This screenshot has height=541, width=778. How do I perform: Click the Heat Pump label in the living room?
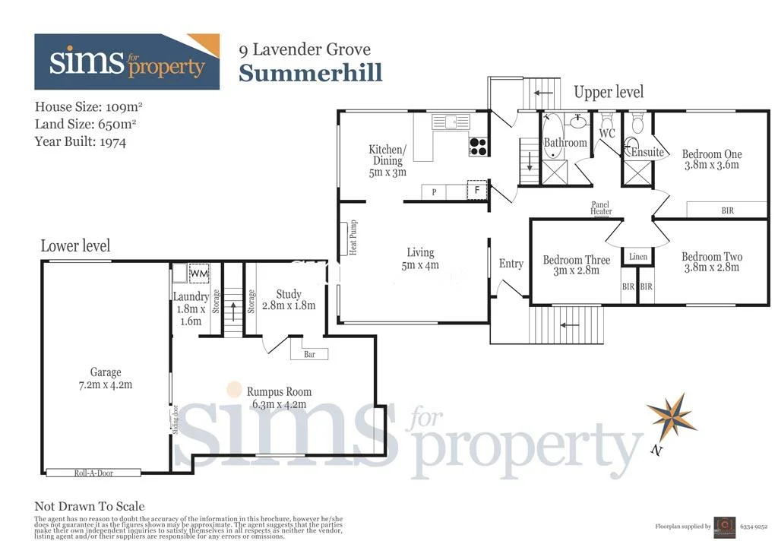tap(353, 238)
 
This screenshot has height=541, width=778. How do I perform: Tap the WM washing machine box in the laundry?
tap(199, 273)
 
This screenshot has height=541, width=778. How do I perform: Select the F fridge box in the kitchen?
tap(478, 191)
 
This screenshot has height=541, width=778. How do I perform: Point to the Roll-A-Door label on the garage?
tap(93, 473)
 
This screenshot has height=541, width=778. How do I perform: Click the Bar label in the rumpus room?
tap(310, 353)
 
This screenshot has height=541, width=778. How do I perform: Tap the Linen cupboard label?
tap(638, 257)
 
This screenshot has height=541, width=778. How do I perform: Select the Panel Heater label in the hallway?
tap(601, 207)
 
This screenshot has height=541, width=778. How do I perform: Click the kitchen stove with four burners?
tap(478, 146)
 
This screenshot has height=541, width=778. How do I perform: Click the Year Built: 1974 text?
tap(81, 141)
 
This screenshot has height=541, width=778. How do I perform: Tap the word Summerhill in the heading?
tap(310, 73)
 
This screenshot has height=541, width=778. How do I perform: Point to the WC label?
tap(607, 134)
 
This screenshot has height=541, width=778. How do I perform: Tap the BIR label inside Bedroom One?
tap(727, 210)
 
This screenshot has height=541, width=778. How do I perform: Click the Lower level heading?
tap(75, 245)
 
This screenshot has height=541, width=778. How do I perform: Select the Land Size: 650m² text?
tap(86, 124)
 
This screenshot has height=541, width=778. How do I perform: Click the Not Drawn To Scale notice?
tap(90, 506)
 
